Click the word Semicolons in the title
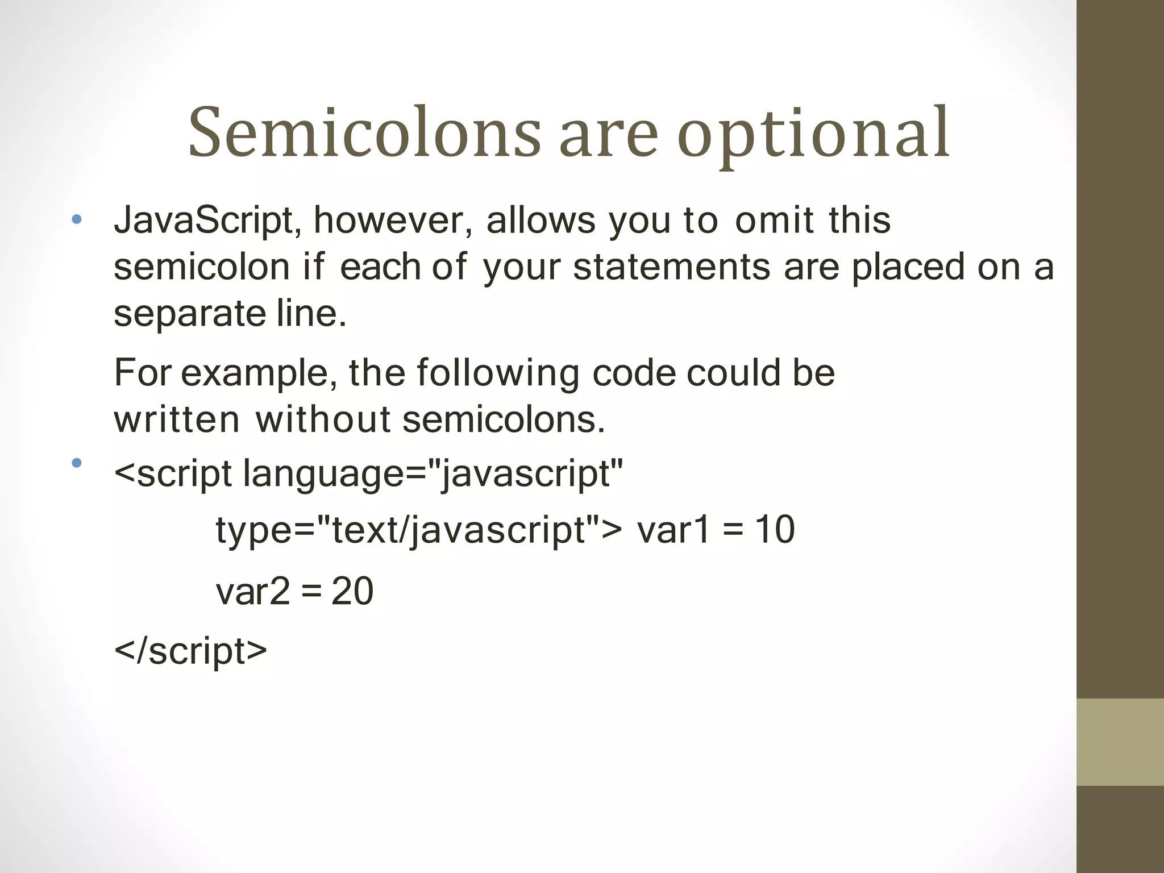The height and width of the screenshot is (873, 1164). (364, 132)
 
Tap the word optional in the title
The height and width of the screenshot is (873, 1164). (813, 135)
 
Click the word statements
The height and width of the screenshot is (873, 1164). (671, 267)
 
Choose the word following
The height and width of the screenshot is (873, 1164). (498, 373)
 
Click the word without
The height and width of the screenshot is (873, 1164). (323, 419)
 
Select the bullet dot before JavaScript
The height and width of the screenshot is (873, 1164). (77, 219)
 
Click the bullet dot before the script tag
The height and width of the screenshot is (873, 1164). (77, 463)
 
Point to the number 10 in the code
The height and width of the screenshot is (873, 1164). (775, 530)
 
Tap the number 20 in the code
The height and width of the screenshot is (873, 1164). (352, 591)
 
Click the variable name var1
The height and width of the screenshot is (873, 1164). (674, 530)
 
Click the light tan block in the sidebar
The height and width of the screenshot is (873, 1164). (1120, 742)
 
